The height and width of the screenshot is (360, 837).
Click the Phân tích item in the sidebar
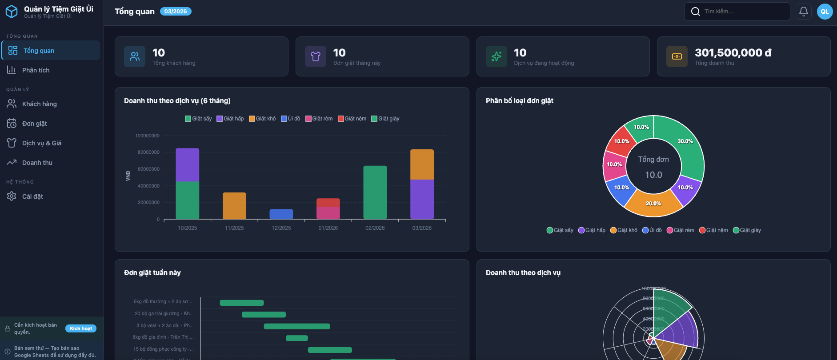(36, 70)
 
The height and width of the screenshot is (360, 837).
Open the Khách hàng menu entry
(40, 104)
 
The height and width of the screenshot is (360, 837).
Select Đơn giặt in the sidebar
(35, 124)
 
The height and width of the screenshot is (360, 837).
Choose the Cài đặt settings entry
(32, 196)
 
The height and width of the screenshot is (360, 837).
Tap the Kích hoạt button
(81, 328)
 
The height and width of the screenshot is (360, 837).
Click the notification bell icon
(804, 12)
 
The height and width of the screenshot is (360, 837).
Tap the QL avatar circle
(825, 12)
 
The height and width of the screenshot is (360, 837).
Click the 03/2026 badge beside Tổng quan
(176, 12)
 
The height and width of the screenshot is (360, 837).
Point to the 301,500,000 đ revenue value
(733, 53)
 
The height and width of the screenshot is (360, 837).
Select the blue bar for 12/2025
(281, 214)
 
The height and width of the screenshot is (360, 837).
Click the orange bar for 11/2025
(234, 206)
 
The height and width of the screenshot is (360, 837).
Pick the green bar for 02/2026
(375, 192)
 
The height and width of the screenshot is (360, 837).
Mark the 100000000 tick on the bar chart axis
(147, 136)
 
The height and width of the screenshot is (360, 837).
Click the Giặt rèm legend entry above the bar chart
(319, 119)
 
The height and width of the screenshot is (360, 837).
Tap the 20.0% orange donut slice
(653, 204)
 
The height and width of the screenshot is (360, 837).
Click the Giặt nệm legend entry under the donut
(713, 230)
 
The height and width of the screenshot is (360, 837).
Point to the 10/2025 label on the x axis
(188, 228)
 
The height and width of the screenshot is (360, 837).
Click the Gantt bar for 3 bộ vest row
(297, 326)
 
